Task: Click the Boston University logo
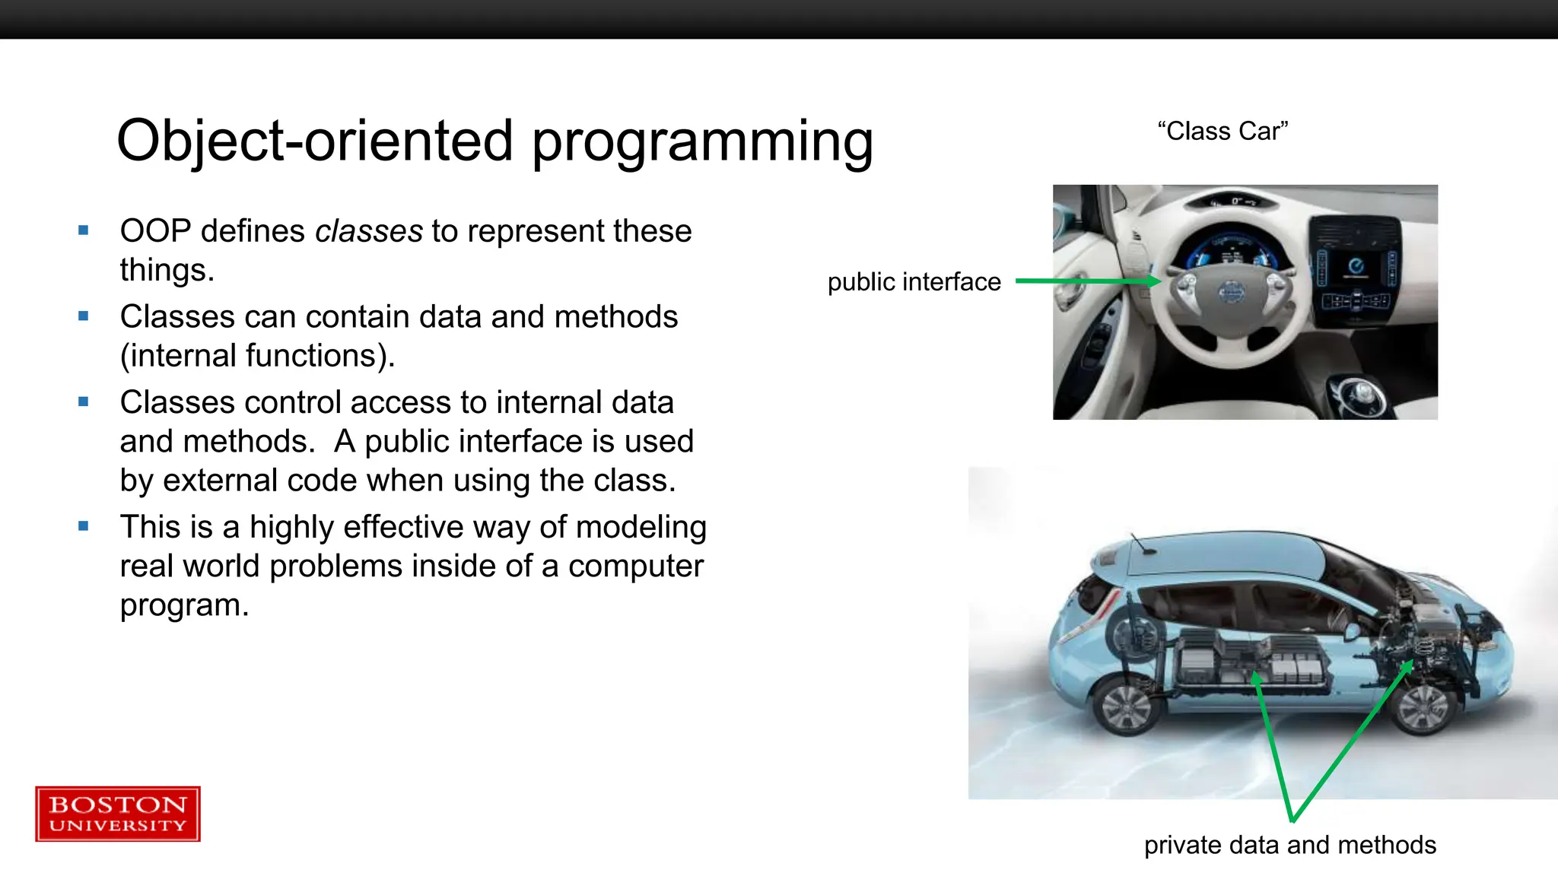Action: (118, 814)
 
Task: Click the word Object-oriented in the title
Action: (315, 141)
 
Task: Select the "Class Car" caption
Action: (1223, 131)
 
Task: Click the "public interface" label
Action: (914, 282)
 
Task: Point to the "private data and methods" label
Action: (1289, 845)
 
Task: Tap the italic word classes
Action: (369, 231)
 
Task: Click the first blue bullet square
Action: (84, 230)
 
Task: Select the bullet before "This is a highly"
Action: (84, 525)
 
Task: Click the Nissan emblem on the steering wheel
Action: (1229, 290)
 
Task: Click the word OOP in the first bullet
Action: (155, 231)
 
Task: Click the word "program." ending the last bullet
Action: (184, 605)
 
